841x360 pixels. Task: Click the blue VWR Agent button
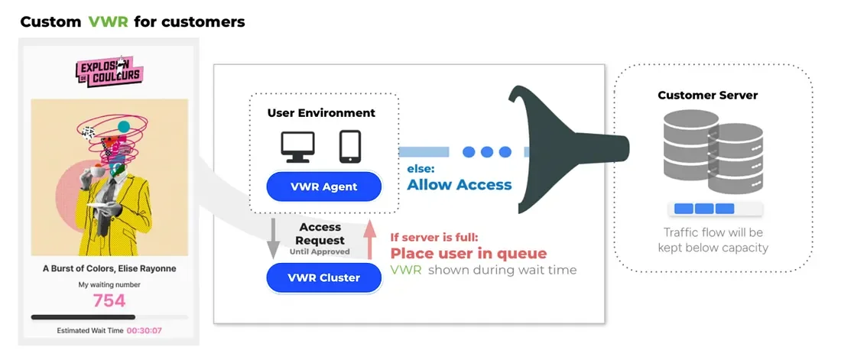323,186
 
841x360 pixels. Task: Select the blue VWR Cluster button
323,277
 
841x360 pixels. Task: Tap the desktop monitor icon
297,146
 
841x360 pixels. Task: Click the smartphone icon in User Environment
349,146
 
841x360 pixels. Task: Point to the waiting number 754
109,300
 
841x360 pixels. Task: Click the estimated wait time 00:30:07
144,331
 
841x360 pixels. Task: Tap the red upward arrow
370,237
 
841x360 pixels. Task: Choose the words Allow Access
459,184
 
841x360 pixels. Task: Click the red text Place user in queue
469,254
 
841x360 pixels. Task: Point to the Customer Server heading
708,96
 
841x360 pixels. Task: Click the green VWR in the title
107,21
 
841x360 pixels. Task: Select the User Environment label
321,112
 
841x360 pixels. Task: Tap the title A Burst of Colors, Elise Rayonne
109,268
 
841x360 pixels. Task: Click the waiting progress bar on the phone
109,316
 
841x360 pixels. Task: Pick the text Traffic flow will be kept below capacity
713,240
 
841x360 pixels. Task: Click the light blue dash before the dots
424,152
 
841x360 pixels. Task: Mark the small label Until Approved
320,251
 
